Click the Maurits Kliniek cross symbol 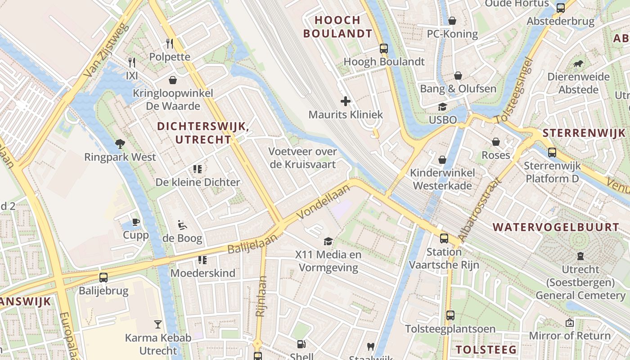point(346,101)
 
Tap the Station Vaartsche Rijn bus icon point(444,238)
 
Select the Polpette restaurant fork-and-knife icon point(170,43)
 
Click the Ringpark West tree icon point(120,144)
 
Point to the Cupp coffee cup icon point(135,222)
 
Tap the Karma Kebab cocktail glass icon point(157,324)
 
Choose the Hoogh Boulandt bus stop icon point(384,49)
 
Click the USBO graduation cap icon point(443,107)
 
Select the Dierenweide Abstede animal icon point(578,63)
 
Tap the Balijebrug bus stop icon point(103,277)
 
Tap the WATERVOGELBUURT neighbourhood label point(556,227)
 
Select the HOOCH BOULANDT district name point(338,27)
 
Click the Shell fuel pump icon point(301,344)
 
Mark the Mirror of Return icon point(570,323)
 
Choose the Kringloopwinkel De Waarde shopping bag point(173,80)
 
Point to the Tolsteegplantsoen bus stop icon point(450,315)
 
